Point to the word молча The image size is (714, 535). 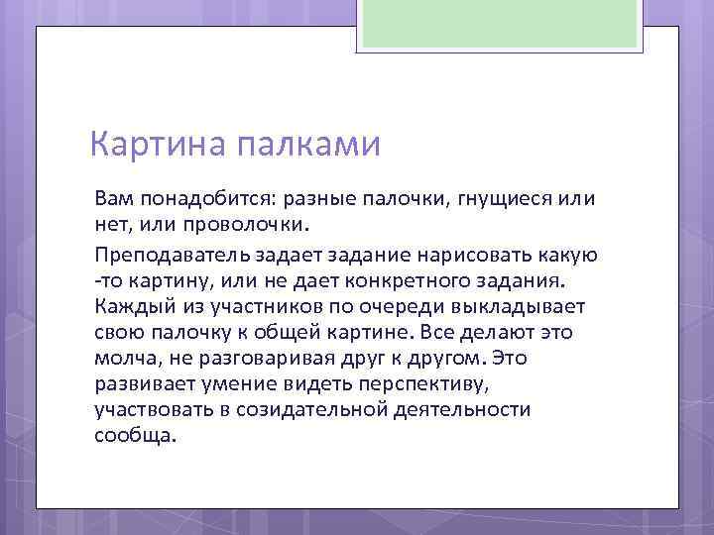(125, 357)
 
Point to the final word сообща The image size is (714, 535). (133, 434)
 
